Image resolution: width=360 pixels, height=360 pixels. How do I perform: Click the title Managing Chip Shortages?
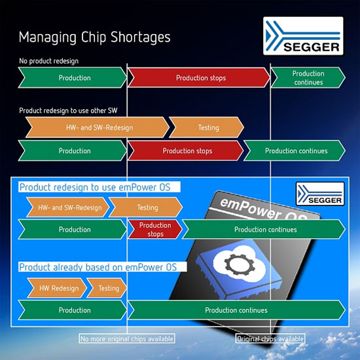pos(94,37)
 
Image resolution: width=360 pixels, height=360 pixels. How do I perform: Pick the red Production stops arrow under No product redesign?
pos(200,78)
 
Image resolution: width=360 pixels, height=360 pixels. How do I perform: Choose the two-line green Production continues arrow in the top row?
pos(307,78)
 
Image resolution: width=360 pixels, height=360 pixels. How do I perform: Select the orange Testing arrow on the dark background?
pos(207,128)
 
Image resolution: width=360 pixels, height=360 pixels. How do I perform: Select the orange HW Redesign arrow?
pos(58,288)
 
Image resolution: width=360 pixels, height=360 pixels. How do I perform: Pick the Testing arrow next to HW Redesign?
pos(107,288)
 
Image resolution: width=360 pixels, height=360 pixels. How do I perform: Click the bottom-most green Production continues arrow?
pos(236,310)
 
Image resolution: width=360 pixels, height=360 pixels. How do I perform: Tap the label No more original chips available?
pos(127,339)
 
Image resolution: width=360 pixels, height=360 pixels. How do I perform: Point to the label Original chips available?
pos(270,339)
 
